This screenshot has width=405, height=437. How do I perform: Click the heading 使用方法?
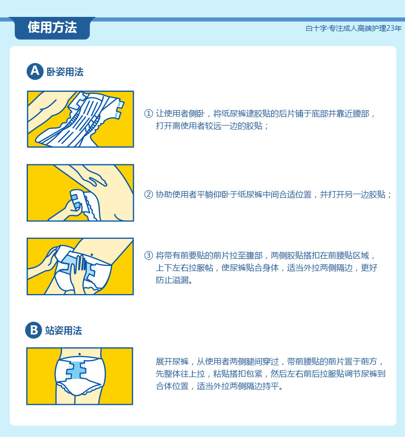52,27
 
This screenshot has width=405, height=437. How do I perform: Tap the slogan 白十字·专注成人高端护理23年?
353,28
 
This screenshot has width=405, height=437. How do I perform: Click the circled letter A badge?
35,71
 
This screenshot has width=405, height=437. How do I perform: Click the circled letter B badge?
33,330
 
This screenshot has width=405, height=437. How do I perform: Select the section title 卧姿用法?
65,72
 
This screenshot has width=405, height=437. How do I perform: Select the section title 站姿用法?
64,330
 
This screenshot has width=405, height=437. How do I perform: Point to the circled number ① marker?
148,113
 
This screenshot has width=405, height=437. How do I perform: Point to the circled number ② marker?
148,194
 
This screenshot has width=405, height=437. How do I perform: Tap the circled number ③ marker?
148,255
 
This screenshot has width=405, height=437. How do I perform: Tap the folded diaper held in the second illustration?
84,204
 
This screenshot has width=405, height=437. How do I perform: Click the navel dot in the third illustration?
92,255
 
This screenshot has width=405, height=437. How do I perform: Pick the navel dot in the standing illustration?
79,354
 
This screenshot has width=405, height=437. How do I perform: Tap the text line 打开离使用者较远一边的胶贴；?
212,126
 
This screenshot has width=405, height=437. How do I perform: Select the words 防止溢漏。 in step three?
174,280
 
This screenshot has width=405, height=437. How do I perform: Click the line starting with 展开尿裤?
270,362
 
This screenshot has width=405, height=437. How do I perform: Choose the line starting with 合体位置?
219,386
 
